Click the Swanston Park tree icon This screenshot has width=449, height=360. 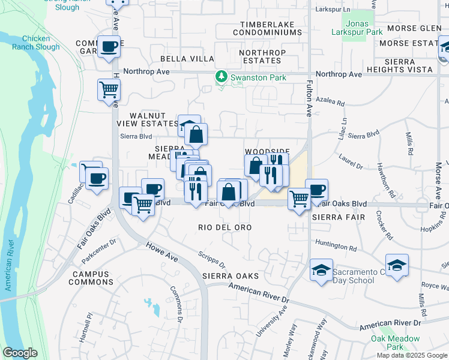point(221,77)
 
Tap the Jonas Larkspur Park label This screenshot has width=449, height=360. point(357,28)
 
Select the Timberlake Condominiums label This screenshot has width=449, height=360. point(270,28)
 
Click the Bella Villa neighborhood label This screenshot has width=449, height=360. point(187,58)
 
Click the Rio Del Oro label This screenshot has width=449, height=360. point(224,227)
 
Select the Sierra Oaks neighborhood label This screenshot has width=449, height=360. point(231,276)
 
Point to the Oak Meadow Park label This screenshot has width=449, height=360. point(395,343)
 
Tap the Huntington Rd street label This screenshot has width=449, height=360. point(336,246)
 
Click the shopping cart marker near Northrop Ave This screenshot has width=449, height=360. point(109,90)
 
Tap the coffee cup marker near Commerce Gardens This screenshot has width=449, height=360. point(109,47)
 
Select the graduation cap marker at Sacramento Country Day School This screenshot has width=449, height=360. point(321,270)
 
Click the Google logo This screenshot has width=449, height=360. point(20,353)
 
